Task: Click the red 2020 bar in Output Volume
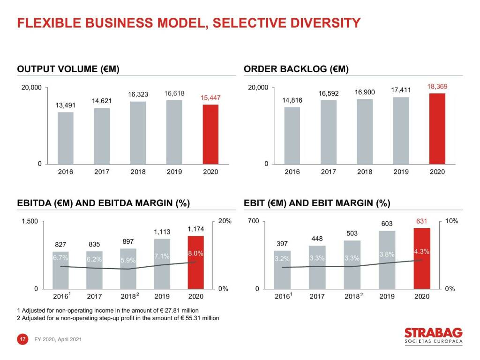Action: point(210,134)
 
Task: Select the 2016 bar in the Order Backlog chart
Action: point(292,136)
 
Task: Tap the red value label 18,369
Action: point(437,87)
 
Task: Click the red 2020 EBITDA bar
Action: point(195,262)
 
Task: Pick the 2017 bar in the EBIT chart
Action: point(317,267)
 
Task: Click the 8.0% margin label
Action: point(195,254)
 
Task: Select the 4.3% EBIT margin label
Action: point(422,252)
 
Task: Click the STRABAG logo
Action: point(433,336)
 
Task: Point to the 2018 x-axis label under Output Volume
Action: point(138,172)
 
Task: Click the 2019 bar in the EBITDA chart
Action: point(162,264)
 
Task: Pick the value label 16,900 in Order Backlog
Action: point(365,92)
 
